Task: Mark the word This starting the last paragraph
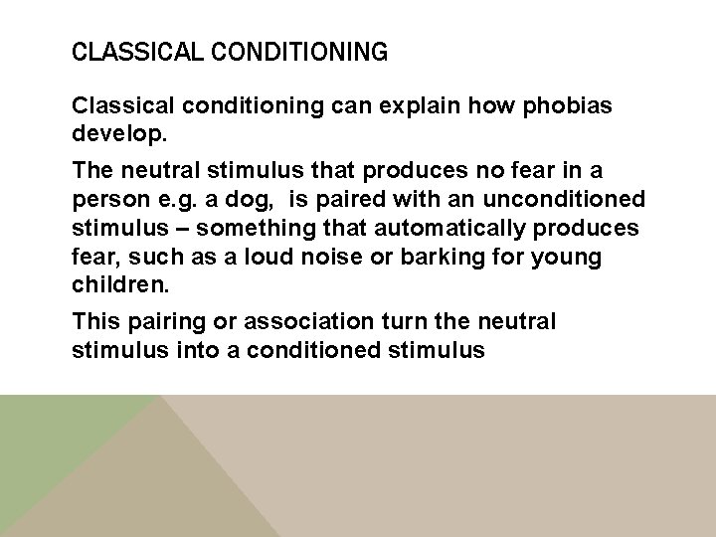95,323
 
